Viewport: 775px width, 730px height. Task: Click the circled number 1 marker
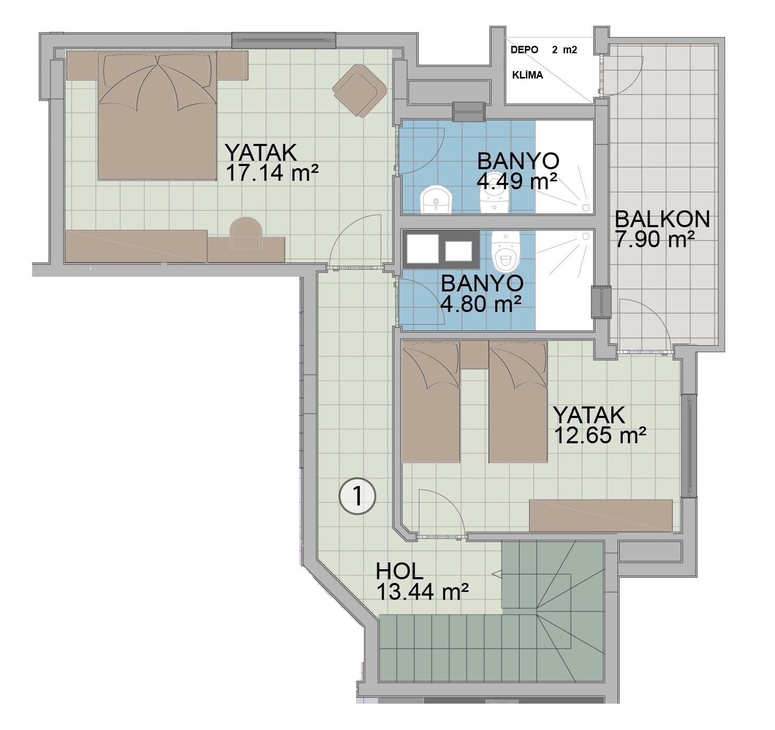(x=357, y=497)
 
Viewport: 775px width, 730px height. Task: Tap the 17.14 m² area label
(x=272, y=173)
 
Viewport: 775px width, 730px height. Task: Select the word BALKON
(x=662, y=219)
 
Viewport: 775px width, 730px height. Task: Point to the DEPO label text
(x=524, y=50)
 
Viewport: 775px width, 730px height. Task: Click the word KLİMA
(x=527, y=75)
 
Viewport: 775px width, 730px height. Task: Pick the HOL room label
(x=399, y=572)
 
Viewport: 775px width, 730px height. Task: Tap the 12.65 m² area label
(x=600, y=435)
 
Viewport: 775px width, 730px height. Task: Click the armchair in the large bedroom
(x=359, y=90)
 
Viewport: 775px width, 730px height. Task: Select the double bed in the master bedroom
(x=158, y=115)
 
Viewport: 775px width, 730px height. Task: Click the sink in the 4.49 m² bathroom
(x=436, y=200)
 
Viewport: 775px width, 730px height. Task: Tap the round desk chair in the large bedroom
(x=246, y=233)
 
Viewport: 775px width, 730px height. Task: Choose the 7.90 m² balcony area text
(x=655, y=239)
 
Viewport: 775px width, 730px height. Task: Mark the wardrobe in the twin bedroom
(x=601, y=515)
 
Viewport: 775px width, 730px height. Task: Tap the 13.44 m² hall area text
(x=422, y=592)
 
